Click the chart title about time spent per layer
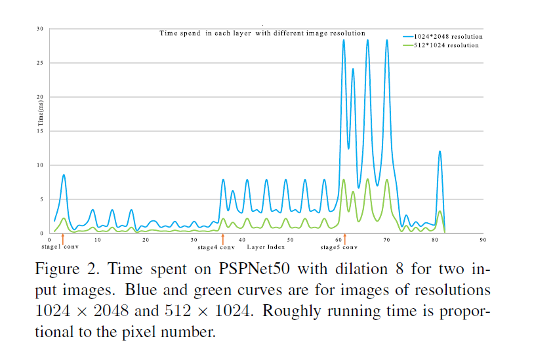pos(262,33)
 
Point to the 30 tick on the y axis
pos(40,29)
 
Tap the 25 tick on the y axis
pos(40,63)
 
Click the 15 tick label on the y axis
pos(40,131)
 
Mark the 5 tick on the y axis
pos(41,199)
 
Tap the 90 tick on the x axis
pos(482,241)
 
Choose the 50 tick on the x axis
pos(290,241)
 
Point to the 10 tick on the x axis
pos(97,241)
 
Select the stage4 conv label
pos(216,247)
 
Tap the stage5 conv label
pos(339,247)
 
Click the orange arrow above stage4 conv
pos(223,238)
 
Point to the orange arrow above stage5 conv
pos(344,238)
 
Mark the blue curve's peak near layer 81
pos(440,151)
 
